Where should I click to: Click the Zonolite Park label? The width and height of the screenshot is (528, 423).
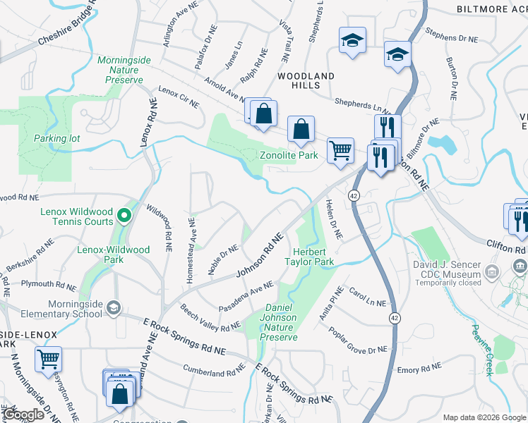289,155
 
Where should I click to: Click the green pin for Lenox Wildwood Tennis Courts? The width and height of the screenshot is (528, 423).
124,215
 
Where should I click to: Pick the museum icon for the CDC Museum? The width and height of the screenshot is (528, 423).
520,266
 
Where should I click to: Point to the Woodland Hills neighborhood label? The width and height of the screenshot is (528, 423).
306,80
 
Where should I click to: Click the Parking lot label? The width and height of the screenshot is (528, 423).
57,138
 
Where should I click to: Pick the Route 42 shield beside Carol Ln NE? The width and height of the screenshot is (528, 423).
392,319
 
